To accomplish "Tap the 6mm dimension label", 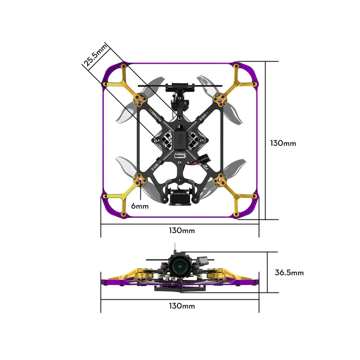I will click(140, 206).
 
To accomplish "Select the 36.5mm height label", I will click(289, 273).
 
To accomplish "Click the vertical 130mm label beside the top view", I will click(283, 143).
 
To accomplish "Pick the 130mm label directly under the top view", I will click(181, 230).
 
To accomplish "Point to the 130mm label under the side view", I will click(181, 306).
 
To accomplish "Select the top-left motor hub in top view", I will click(140, 99).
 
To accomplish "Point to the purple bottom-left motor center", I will click(140, 179).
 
